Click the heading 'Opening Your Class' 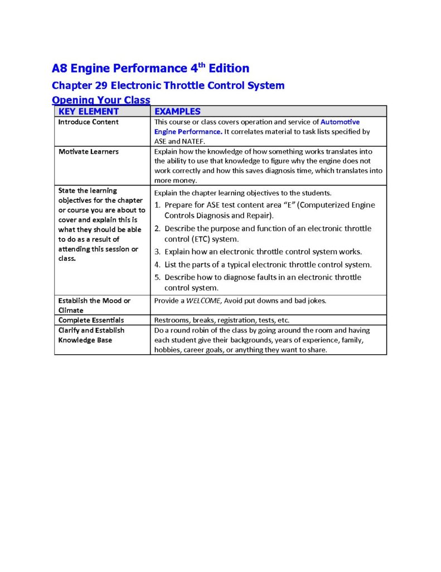pos(101,100)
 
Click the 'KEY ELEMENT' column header pos(89,111)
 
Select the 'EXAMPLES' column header pos(177,111)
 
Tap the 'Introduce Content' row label pos(88,122)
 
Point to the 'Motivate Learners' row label pos(88,151)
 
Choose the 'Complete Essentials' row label pos(91,320)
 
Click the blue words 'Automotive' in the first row pos(340,122)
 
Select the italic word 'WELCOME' pos(203,301)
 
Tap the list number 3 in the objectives pos(158,251)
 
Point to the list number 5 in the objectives pos(158,277)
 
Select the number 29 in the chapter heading pos(101,85)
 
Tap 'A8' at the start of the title pos(59,69)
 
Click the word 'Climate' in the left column pos(71,310)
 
